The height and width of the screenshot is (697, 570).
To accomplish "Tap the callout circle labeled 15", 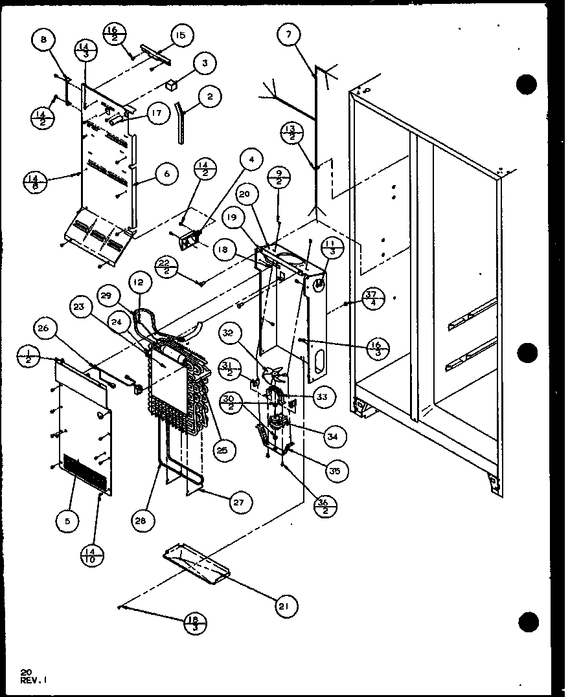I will [180, 36].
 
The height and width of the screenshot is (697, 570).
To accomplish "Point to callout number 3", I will [205, 63].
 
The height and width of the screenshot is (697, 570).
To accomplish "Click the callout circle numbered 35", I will [335, 470].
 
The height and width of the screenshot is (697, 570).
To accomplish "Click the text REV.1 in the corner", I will [34, 680].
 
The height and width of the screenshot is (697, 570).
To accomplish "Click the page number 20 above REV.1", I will [25, 671].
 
